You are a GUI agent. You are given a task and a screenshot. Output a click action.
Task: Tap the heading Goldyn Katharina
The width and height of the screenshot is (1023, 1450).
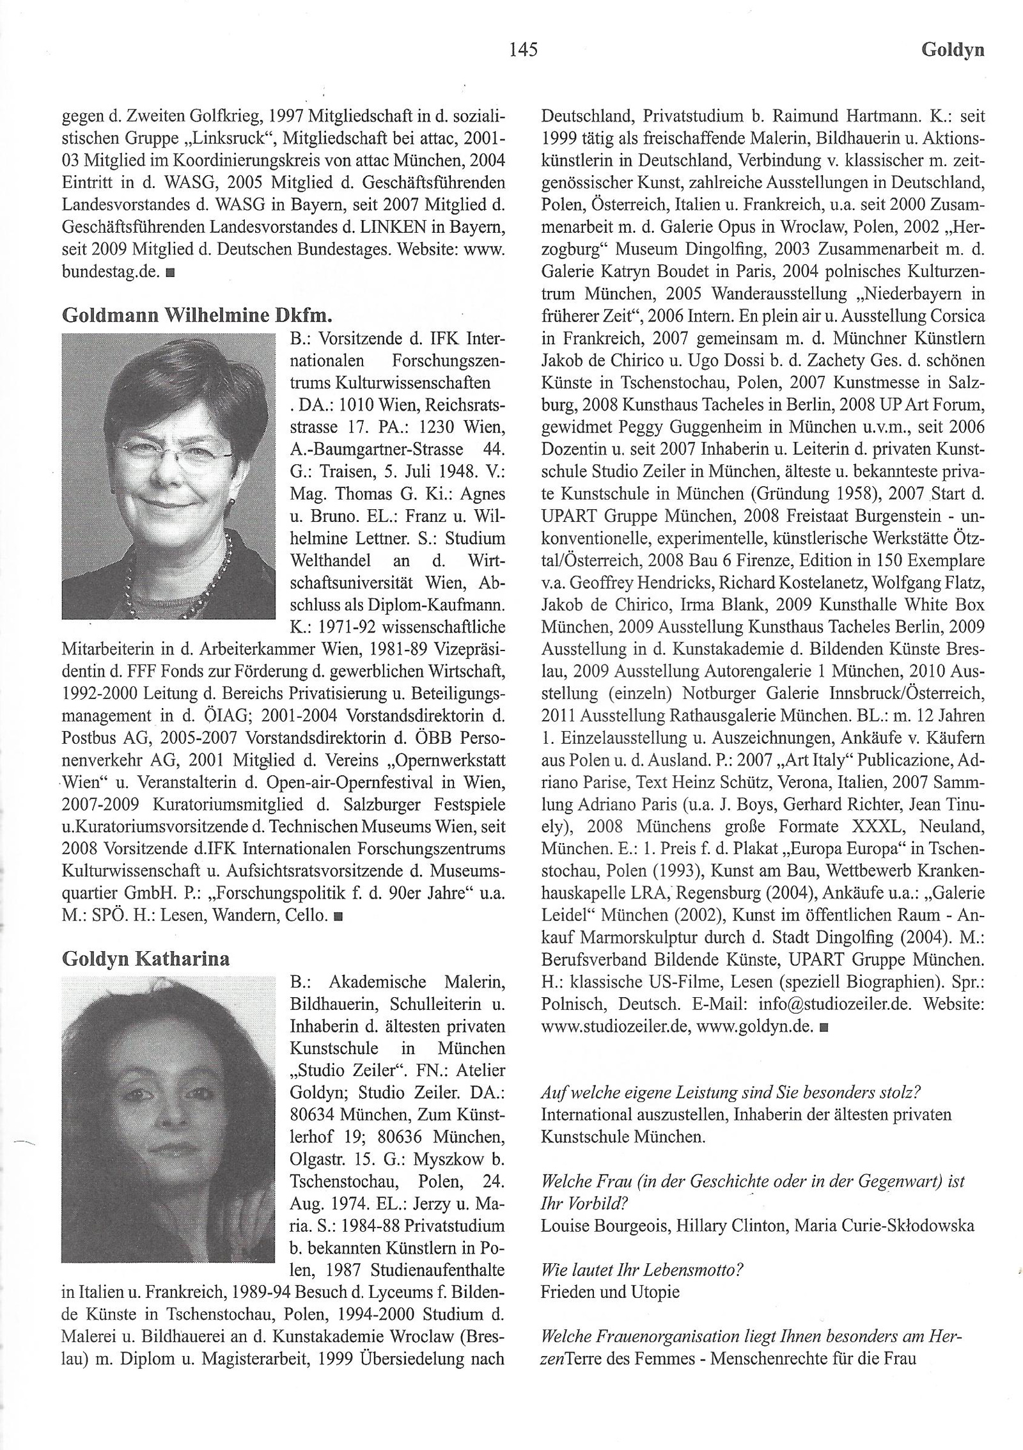tap(146, 959)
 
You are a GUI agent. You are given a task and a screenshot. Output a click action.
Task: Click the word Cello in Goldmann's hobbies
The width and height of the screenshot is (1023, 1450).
tap(309, 915)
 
